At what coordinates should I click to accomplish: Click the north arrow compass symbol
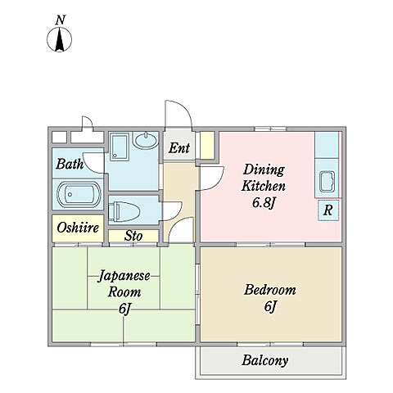[x=60, y=39]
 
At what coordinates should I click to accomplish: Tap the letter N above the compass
[x=61, y=20]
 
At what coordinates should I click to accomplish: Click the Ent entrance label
[x=179, y=148]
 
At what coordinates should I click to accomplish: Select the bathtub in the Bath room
[x=79, y=194]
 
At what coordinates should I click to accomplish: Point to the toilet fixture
[x=124, y=211]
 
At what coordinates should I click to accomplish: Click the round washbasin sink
[x=146, y=141]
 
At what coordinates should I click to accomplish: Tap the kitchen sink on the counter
[x=327, y=182]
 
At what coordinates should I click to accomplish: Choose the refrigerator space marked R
[x=328, y=210]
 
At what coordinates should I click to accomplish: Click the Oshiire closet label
[x=78, y=228]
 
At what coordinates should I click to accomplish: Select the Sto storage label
[x=133, y=236]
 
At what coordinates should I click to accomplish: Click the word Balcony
[x=265, y=360]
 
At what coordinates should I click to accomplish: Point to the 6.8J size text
[x=263, y=203]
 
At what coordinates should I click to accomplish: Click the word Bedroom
[x=270, y=290]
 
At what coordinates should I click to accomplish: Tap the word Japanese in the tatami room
[x=124, y=277]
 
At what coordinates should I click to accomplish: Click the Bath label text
[x=70, y=165]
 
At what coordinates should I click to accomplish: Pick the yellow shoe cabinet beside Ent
[x=207, y=145]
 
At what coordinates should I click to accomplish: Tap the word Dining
[x=264, y=169]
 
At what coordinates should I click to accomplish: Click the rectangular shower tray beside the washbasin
[x=119, y=147]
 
